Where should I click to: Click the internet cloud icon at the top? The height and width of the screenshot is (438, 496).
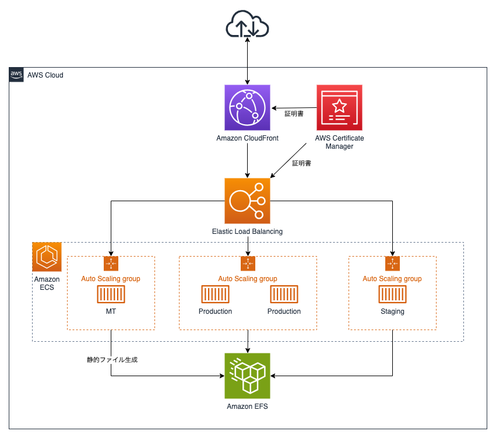coord(247,26)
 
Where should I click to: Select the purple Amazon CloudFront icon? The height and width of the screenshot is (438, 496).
coord(247,107)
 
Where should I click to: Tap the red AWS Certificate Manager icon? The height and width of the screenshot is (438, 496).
coord(339,107)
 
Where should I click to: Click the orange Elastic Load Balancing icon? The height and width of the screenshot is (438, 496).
coord(247,201)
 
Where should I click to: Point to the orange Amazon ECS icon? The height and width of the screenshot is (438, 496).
coord(47,257)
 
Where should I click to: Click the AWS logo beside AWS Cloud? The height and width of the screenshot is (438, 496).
coord(16,75)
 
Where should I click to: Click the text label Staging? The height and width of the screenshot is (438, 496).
coord(392,311)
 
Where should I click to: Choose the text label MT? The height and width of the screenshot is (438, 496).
coord(111,311)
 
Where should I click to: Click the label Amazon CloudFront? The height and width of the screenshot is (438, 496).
coord(247,138)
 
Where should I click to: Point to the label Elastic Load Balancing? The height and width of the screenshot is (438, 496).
coord(247,232)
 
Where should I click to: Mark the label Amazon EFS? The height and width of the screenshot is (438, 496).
coord(247,407)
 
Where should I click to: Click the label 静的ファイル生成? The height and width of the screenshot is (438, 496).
coord(112,360)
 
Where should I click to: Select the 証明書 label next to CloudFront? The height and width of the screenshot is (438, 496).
coord(294,114)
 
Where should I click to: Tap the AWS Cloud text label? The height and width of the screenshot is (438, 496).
coord(45,75)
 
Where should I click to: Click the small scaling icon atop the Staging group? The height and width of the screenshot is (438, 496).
coord(392,264)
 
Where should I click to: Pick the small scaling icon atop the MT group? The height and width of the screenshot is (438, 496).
coord(111,264)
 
